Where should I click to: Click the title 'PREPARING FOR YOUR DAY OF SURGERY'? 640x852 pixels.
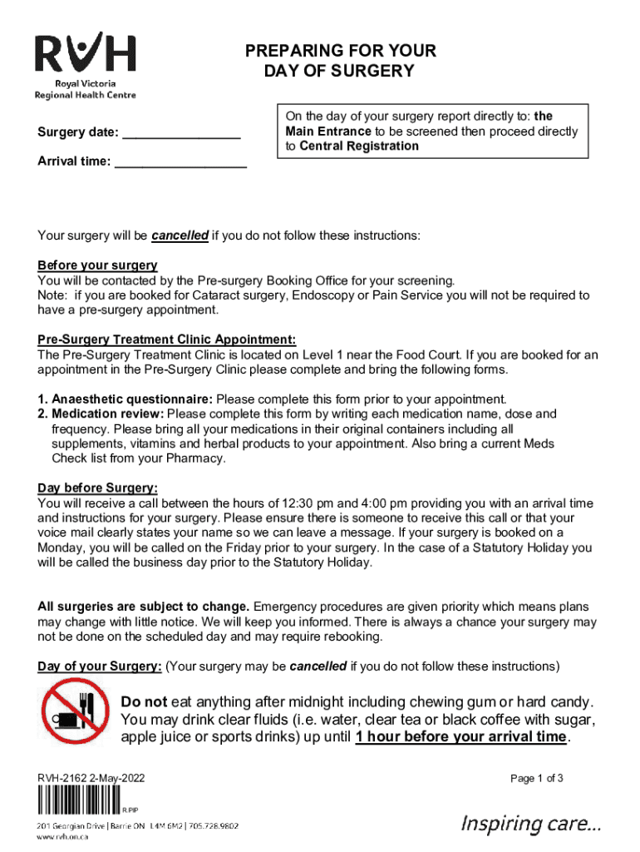click(x=340, y=62)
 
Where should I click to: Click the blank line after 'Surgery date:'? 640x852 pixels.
click(x=181, y=134)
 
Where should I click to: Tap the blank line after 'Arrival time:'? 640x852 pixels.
click(x=180, y=162)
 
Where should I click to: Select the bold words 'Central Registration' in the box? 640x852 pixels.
click(x=359, y=146)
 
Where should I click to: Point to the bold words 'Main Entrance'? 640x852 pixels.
click(x=328, y=131)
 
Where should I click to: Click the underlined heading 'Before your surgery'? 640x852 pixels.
click(x=97, y=265)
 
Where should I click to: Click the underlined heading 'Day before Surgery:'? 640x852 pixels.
click(x=97, y=488)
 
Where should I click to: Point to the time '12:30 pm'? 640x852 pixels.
click(x=309, y=503)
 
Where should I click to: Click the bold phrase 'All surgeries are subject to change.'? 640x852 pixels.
click(x=144, y=607)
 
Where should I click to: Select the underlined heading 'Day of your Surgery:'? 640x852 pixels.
click(x=100, y=666)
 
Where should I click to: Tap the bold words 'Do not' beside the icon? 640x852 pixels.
click(x=144, y=701)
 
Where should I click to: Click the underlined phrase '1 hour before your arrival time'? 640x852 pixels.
click(x=461, y=737)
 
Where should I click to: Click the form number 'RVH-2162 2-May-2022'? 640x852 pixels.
click(x=91, y=779)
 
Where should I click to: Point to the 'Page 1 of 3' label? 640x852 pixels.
click(x=537, y=779)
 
